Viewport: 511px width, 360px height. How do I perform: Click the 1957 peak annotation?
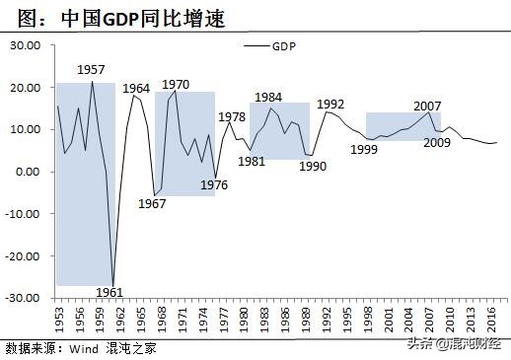coord(92,71)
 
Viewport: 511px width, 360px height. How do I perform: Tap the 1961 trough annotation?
coord(111,292)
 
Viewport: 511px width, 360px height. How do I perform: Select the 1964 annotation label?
coord(136,89)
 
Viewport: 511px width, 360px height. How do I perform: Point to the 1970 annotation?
coord(176,84)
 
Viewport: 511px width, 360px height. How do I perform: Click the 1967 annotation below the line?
coord(152,204)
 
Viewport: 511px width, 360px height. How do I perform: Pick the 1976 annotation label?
coord(214,184)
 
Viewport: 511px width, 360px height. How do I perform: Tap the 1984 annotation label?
coord(267,97)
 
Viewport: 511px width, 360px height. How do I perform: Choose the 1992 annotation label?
coord(330,104)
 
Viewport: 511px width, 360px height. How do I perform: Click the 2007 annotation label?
coord(427,106)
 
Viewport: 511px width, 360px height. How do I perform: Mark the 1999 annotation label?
coord(364,149)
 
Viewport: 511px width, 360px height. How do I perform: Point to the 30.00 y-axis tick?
coord(25,45)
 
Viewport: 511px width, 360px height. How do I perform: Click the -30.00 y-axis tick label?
coord(23,297)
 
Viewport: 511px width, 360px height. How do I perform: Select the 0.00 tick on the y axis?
coord(29,172)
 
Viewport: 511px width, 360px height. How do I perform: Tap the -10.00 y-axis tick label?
coord(23,213)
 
